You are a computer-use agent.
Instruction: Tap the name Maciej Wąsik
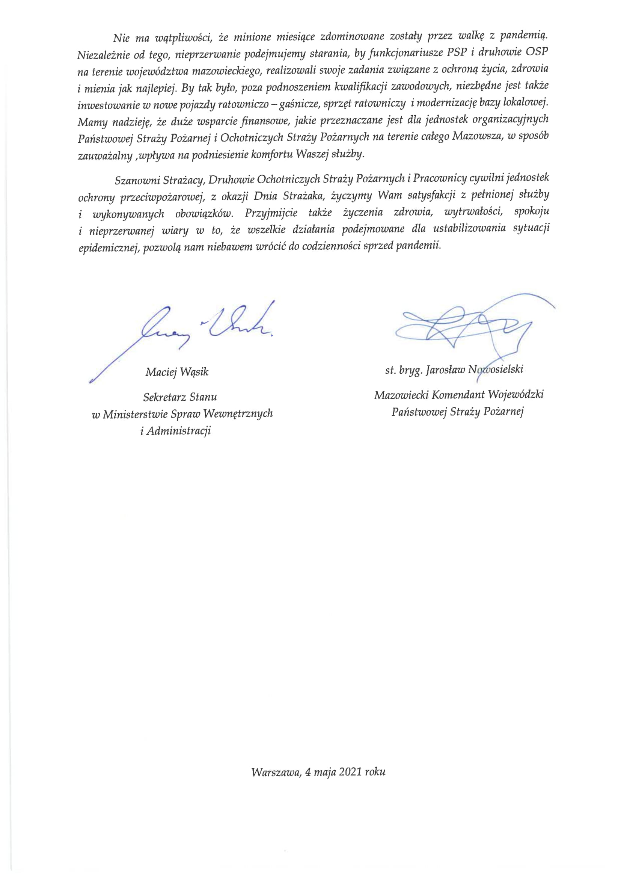tap(177, 372)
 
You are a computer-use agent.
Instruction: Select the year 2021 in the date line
tap(350, 772)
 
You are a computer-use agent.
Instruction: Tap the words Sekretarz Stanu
tap(180, 397)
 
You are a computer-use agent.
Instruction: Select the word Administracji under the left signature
tap(179, 431)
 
